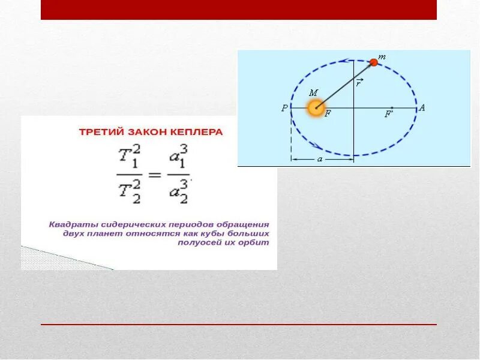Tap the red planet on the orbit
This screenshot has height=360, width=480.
point(374,62)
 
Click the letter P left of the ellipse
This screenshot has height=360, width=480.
point(284,109)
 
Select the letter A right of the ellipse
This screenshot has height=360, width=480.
point(422,108)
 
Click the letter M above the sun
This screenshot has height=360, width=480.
point(313,93)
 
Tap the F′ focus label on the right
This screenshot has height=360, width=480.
point(389,114)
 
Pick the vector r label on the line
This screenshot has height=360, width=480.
point(358,83)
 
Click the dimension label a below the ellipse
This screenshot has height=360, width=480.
point(319,160)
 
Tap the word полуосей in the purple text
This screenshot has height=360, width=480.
point(200,243)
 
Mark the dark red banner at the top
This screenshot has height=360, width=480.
point(239,10)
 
